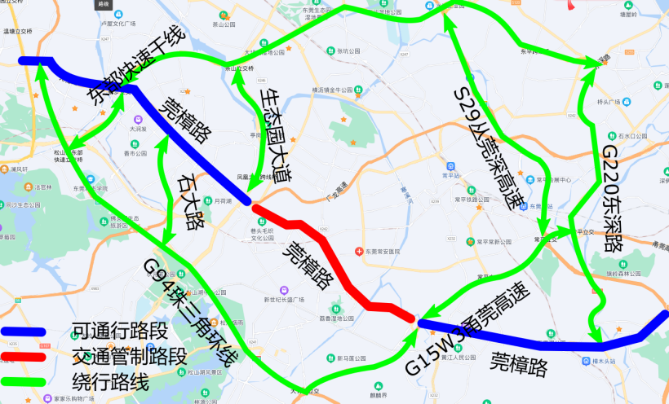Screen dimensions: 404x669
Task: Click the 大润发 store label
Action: [x=138, y=129]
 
